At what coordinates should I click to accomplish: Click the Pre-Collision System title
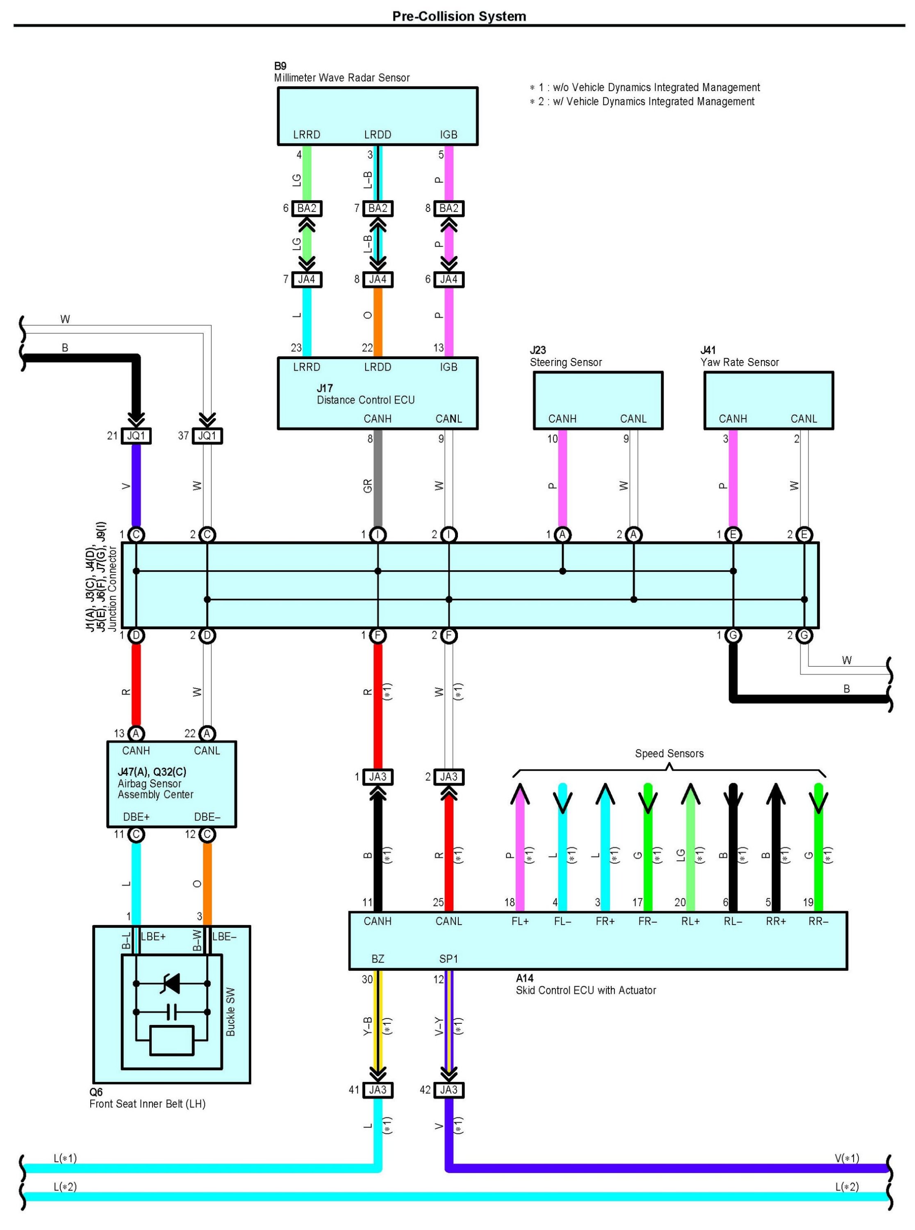click(459, 16)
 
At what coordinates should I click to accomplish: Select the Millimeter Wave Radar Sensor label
click(342, 77)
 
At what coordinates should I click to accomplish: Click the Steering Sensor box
click(598, 401)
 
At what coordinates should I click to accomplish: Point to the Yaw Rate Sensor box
click(769, 401)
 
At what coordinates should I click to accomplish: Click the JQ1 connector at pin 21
click(136, 436)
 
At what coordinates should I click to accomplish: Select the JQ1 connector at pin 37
click(207, 436)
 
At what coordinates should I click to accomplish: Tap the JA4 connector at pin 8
click(378, 279)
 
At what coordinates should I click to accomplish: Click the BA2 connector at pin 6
click(307, 208)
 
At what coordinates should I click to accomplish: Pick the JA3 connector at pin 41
click(378, 1090)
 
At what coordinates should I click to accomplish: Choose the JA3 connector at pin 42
click(448, 1090)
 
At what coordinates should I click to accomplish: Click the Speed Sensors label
click(669, 753)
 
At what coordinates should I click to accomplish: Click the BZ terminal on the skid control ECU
click(378, 959)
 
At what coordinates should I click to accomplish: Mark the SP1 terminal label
click(448, 959)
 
